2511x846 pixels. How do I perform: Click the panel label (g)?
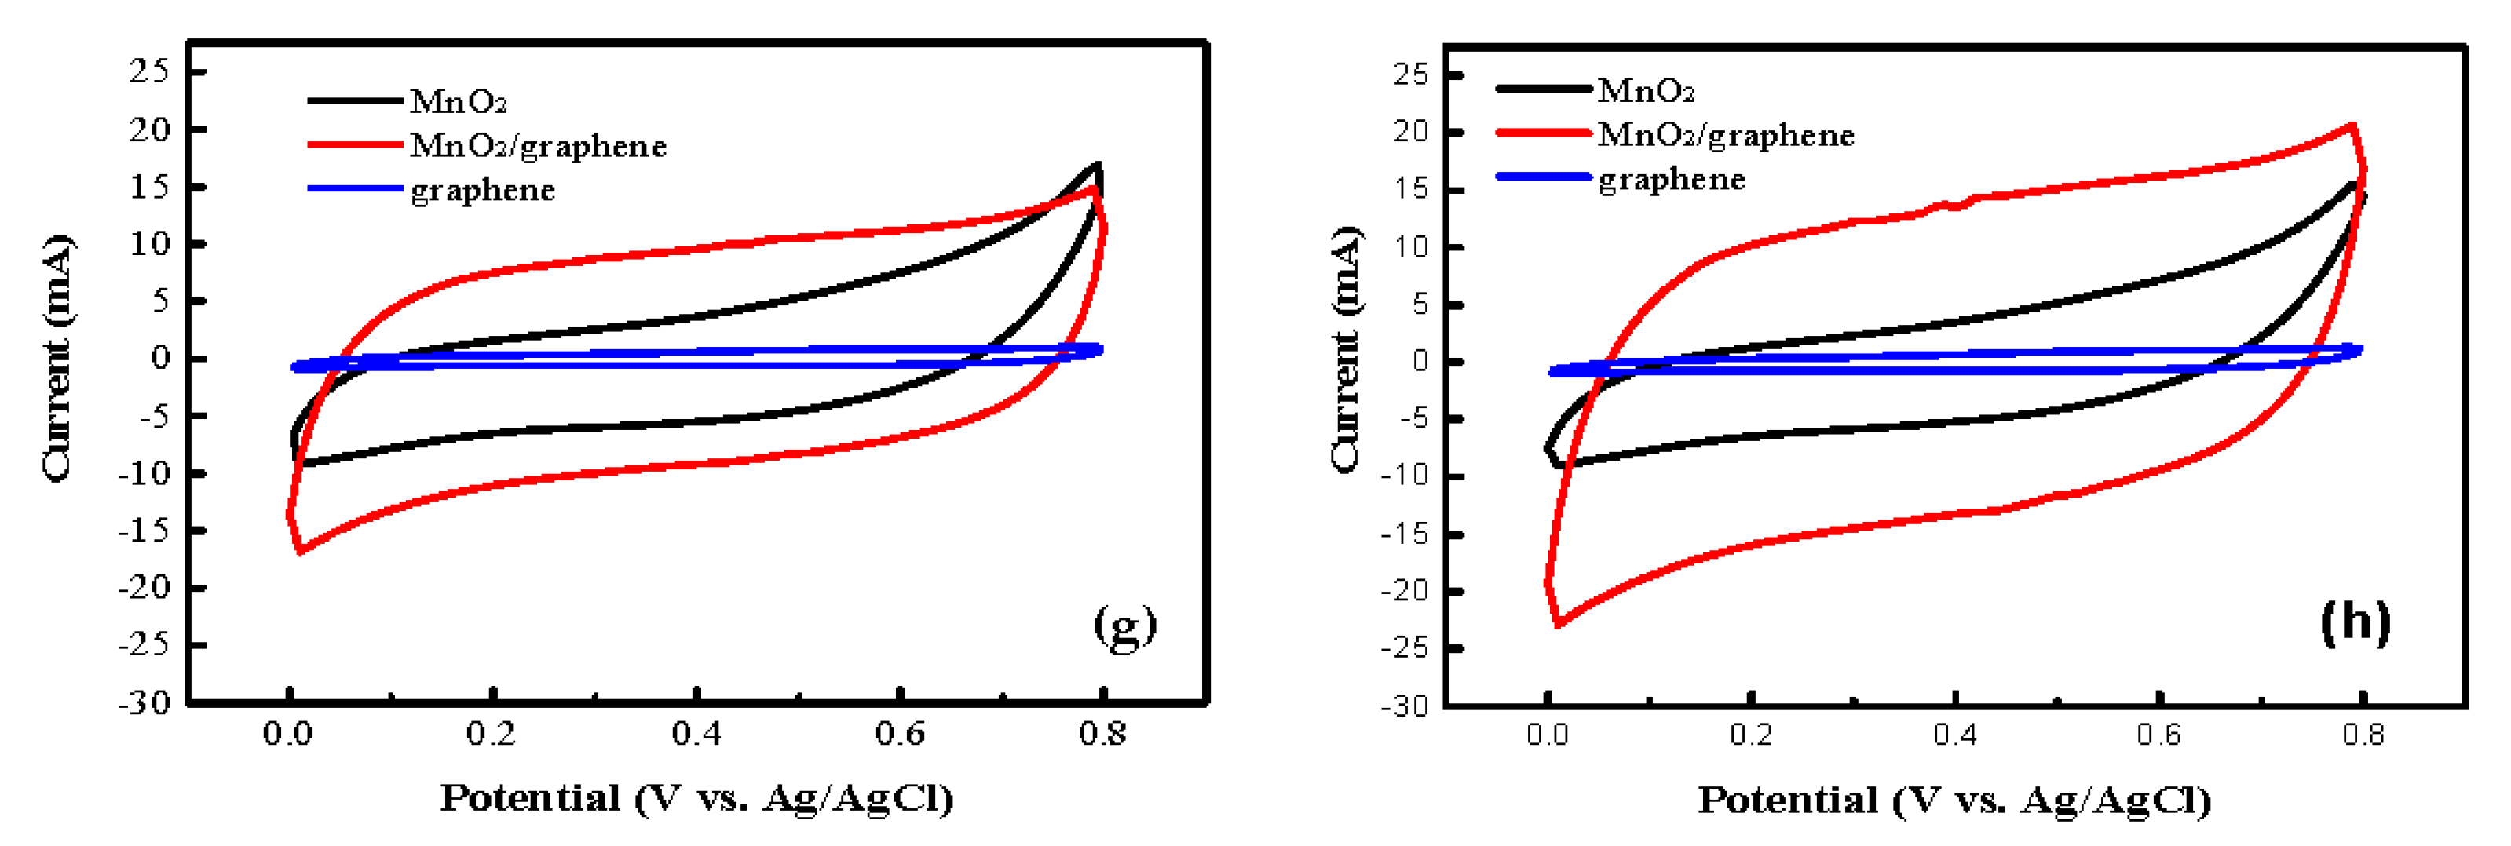coord(1124,625)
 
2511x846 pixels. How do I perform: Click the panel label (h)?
coord(2354,621)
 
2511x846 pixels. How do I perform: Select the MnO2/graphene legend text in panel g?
coord(538,145)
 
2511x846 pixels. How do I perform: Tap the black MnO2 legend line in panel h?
coord(1543,89)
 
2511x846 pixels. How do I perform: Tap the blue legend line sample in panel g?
coord(355,188)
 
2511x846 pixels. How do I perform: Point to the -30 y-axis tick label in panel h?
coord(1404,705)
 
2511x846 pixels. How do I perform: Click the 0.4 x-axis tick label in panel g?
coord(696,733)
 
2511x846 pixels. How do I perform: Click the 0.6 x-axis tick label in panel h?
coord(2158,734)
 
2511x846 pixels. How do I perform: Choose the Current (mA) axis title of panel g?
coord(57,357)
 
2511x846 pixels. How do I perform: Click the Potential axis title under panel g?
coord(696,797)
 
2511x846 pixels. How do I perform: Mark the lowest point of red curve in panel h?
coord(1558,624)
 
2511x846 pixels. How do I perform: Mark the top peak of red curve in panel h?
coord(2352,126)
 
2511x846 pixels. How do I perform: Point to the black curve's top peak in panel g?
coord(1098,165)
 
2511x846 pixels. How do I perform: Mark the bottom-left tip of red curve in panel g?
coord(299,552)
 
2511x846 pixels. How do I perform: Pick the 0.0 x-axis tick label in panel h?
coord(1547,734)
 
